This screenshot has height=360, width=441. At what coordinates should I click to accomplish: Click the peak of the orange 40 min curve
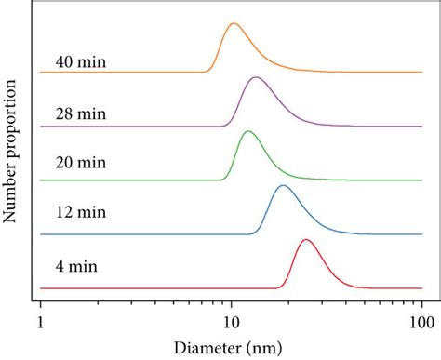234,24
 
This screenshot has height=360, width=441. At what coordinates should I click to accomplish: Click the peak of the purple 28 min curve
255,78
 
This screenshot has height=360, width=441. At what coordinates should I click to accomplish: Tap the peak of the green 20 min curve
247,131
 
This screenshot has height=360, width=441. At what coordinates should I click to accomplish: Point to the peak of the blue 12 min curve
283,186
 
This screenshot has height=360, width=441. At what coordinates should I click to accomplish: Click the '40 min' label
81,63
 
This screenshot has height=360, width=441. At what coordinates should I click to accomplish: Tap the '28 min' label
81,114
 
